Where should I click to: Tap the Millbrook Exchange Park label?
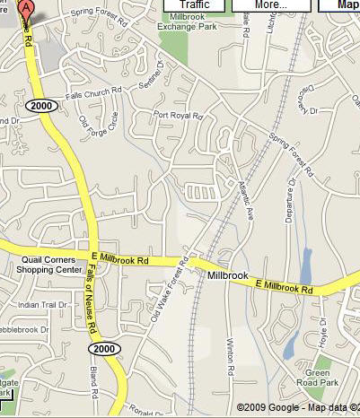[x=188, y=22]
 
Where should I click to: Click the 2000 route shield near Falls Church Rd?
[x=42, y=105]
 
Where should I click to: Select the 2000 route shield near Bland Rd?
[x=104, y=348]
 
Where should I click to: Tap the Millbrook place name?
[x=225, y=274]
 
